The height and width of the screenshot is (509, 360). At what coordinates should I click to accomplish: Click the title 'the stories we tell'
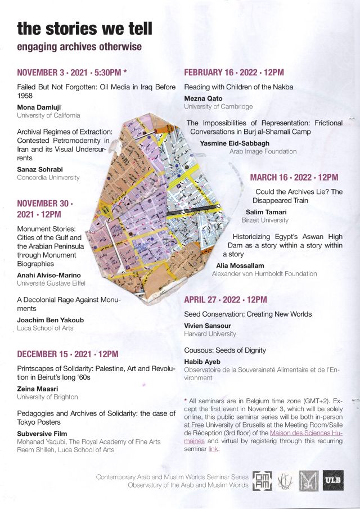point(84,28)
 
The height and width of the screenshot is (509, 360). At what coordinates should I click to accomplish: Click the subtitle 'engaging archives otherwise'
point(79,47)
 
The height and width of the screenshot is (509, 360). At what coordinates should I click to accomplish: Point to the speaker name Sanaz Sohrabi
point(39,169)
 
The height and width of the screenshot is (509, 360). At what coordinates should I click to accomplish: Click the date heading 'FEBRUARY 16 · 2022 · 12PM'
point(234,73)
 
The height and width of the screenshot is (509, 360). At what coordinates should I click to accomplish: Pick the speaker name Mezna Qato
point(203,98)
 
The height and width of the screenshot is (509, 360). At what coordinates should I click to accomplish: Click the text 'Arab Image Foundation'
point(263,151)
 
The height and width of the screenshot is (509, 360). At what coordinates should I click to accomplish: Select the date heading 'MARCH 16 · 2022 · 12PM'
point(294,178)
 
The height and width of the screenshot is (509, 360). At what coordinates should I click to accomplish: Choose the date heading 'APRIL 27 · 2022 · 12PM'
point(226,300)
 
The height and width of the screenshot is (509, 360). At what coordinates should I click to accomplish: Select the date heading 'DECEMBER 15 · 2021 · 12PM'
point(67,354)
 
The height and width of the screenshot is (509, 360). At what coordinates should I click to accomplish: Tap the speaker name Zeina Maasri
point(38,389)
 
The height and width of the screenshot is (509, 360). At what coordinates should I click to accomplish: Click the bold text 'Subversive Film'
point(43,434)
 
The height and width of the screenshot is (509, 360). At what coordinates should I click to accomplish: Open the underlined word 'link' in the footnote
point(213,449)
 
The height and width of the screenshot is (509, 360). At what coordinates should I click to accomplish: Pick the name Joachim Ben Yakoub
point(50,320)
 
